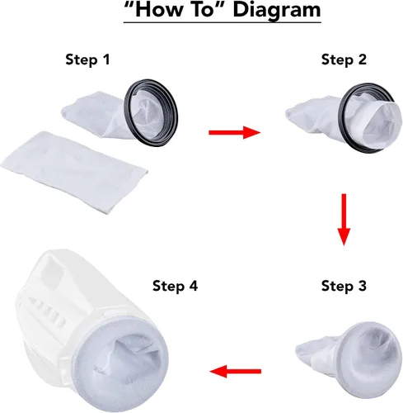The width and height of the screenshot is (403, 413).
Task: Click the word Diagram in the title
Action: tap(277, 10)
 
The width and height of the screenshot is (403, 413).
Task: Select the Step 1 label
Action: tap(87, 59)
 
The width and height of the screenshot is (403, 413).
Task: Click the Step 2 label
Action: tap(344, 59)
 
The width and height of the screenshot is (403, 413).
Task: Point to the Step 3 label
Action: tap(344, 286)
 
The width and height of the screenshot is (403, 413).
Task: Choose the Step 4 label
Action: tap(176, 286)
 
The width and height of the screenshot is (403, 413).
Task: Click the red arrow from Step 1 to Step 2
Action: tap(234, 132)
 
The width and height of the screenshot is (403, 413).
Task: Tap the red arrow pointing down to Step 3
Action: tap(344, 220)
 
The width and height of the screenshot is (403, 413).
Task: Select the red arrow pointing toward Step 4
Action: tap(236, 372)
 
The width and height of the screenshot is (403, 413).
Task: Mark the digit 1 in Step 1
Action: tap(105, 59)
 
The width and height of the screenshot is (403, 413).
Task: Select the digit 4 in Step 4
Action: tap(193, 286)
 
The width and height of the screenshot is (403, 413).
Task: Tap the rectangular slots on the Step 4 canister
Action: tap(49, 311)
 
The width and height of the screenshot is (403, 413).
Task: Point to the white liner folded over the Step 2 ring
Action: tap(382, 121)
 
